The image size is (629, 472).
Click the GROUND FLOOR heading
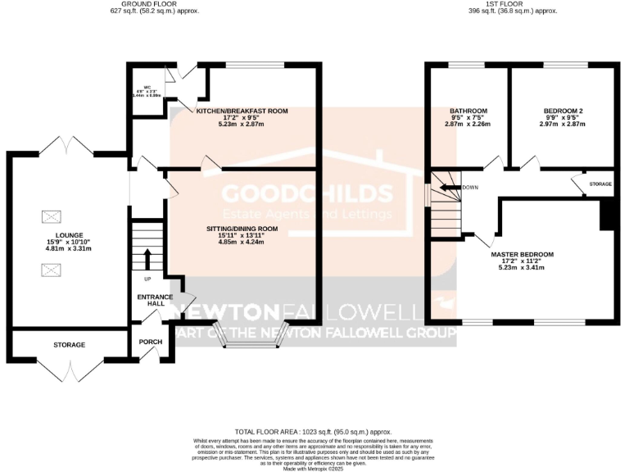[x=155, y=4]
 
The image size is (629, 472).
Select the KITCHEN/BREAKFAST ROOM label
[x=242, y=110]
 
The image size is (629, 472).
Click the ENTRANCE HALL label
[x=150, y=299]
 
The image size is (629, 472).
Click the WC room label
[x=148, y=87]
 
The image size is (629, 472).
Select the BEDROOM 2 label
[x=563, y=111]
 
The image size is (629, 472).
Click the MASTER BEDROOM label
[x=522, y=255]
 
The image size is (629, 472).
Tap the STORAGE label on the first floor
[x=600, y=184]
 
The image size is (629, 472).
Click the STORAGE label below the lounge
[x=70, y=345]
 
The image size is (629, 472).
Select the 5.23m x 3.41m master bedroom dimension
[x=522, y=269]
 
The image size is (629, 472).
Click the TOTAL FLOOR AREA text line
[x=313, y=431]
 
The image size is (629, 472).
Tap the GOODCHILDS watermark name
[x=307, y=194]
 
